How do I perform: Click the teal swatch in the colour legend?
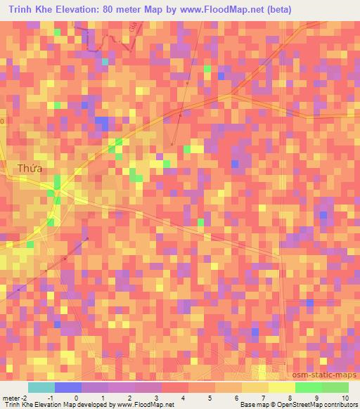click(x=41, y=387)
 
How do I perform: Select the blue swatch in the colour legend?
click(x=68, y=387)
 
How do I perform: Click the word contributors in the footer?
click(x=340, y=405)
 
